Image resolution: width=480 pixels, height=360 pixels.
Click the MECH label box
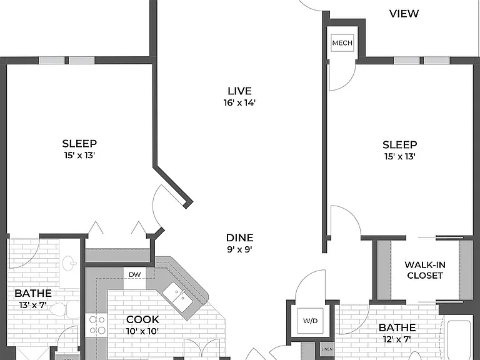coord(342,43)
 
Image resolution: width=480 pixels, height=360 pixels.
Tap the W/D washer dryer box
coord(311,321)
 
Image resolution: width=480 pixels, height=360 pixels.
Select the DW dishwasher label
coord(135,274)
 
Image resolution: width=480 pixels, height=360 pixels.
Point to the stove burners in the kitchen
coord(97,325)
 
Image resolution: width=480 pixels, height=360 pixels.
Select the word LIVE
coord(240,91)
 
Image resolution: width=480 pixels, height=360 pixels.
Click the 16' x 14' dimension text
coord(240,103)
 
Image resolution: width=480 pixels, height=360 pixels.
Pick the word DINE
coord(240,237)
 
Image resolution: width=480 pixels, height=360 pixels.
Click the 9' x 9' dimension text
coord(240,249)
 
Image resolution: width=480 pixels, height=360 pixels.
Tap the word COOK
coord(142,319)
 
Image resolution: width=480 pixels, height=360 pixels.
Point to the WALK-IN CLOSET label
coord(425,270)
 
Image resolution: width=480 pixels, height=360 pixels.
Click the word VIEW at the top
coord(404,14)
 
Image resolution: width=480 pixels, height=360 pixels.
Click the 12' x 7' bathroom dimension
coord(397,339)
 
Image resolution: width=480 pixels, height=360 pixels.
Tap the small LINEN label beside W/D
coord(327,349)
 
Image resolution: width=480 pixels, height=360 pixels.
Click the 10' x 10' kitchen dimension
coord(142,331)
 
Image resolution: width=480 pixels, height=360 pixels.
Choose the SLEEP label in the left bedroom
coord(79,143)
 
